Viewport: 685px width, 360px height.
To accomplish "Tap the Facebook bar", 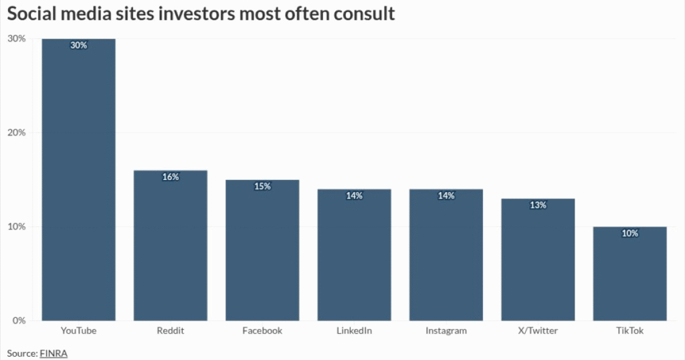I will [x=262, y=250].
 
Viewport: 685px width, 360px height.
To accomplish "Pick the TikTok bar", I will [x=629, y=274].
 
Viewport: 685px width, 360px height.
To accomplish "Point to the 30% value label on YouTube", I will [x=78, y=46].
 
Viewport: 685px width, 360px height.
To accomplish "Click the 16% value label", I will [x=170, y=177].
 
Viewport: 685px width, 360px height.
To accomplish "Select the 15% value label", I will [x=262, y=187].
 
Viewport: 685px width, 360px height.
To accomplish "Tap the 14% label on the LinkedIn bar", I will [x=354, y=196].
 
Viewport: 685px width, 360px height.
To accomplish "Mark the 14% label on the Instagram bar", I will [x=446, y=196].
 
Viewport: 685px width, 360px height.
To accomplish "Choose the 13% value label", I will [x=538, y=205].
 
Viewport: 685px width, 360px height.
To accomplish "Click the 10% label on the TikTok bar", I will [x=629, y=234].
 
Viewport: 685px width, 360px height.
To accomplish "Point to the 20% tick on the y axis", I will [x=16, y=132].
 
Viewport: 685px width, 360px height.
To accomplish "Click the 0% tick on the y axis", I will [x=19, y=321].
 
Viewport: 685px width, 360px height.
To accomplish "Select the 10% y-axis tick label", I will [x=16, y=227].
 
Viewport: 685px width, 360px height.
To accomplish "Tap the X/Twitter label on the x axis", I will [x=538, y=331].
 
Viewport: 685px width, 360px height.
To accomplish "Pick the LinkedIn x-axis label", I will [x=354, y=331].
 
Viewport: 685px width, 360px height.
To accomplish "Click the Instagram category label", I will [x=446, y=331].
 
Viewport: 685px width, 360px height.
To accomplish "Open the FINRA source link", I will [x=54, y=353].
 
